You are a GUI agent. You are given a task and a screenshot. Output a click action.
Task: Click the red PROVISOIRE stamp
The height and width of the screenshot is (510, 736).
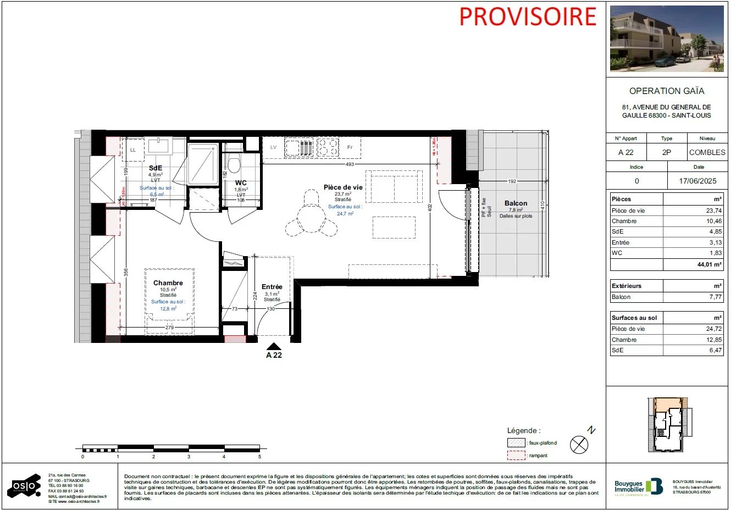point(527,16)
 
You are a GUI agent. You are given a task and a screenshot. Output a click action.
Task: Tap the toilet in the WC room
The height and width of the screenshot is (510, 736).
point(234,164)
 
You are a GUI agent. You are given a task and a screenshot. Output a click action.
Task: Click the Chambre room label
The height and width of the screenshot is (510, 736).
point(168,283)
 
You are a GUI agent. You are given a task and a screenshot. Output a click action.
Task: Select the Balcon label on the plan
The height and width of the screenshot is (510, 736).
point(516,203)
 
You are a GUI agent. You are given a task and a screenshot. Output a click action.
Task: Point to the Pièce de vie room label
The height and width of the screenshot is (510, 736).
point(343,187)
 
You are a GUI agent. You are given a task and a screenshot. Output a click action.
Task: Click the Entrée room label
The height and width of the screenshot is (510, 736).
point(272,287)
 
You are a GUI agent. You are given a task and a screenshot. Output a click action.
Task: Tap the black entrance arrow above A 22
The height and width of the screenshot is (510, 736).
point(274,346)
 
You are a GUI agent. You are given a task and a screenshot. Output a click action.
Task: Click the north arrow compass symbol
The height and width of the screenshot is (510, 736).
point(579,444)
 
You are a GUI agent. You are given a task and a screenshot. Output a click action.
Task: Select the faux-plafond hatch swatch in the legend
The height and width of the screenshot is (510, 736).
point(516,443)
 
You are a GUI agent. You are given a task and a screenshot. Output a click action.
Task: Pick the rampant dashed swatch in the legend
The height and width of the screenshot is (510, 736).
point(516,456)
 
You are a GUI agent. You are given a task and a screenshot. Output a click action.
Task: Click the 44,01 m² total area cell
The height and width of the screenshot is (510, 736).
point(709,264)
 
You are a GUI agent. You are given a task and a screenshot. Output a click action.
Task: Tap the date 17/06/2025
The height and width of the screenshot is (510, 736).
point(698,181)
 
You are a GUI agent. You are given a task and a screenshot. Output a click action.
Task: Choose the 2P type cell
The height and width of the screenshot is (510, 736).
point(666,152)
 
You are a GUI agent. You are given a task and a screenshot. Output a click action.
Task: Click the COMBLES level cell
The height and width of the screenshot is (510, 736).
point(707,152)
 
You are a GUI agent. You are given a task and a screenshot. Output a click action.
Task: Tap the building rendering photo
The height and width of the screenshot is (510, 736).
point(667,39)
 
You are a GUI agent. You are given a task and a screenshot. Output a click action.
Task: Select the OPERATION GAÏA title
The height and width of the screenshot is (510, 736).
point(666,91)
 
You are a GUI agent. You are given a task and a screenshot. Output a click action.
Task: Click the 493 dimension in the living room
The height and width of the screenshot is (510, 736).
point(350,164)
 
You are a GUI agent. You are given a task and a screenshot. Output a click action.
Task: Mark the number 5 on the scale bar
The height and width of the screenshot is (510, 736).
point(259,457)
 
